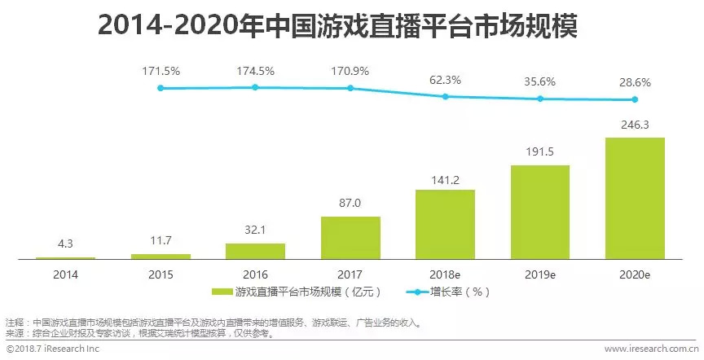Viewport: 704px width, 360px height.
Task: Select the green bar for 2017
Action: [350, 237]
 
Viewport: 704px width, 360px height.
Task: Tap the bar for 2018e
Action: [445, 224]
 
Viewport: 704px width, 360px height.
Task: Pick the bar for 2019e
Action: [539, 212]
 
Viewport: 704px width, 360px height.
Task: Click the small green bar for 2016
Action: [255, 251]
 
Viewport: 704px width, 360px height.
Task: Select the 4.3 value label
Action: [66, 243]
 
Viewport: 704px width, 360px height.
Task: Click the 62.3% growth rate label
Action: [445, 81]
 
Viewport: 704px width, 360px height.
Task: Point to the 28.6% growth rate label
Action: [635, 85]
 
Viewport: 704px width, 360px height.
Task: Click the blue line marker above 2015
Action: [161, 88]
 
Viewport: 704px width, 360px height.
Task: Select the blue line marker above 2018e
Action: [445, 97]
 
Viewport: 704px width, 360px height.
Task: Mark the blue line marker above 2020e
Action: [635, 100]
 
